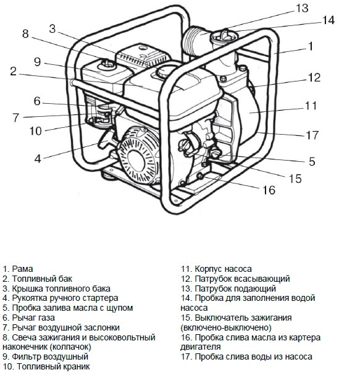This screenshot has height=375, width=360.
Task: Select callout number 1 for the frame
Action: (x=311, y=46)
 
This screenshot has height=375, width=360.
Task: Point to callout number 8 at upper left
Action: (x=25, y=34)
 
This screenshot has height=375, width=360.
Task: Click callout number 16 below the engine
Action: (x=269, y=190)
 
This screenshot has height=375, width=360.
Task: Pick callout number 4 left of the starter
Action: (x=38, y=158)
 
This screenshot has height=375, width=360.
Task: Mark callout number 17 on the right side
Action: (x=312, y=134)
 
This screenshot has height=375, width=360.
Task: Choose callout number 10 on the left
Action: (x=36, y=130)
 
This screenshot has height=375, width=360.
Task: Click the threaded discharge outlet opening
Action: (x=196, y=40)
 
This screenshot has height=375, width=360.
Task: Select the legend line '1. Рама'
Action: (x=18, y=269)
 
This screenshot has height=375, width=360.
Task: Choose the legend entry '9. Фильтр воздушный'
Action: (x=45, y=356)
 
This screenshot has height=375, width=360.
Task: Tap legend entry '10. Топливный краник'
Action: (x=46, y=366)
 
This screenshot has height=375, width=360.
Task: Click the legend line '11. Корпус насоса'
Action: (x=216, y=269)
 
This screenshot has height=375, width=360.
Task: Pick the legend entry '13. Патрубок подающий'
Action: (x=228, y=289)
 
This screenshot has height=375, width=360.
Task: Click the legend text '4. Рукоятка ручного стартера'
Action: (x=60, y=298)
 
